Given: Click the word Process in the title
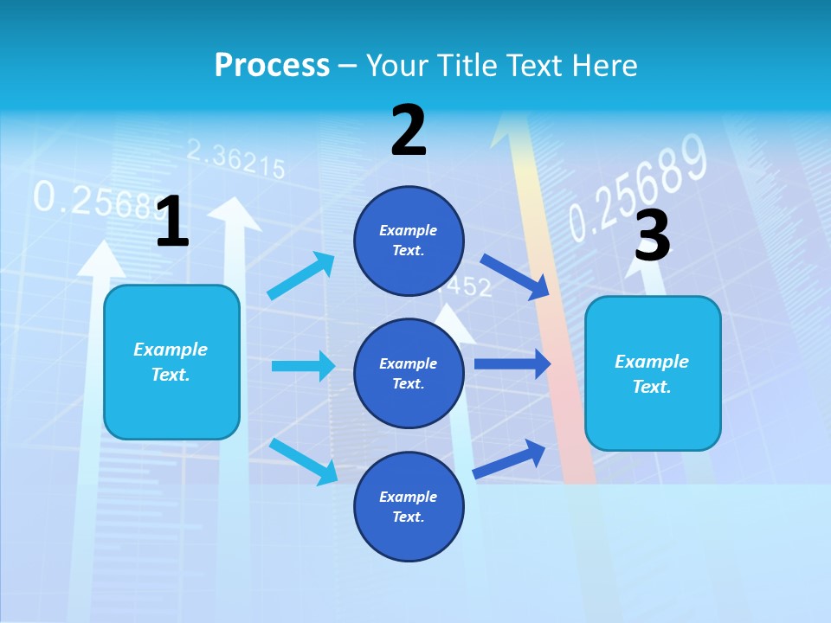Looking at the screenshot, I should (x=272, y=65).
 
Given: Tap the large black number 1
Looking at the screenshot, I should (x=172, y=222).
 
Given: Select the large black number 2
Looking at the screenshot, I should (x=409, y=131).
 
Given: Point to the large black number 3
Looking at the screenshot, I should (x=652, y=235).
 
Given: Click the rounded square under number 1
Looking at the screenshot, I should (x=171, y=362).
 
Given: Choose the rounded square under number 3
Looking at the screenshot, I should (x=653, y=373).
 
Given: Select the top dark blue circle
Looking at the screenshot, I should (x=409, y=241).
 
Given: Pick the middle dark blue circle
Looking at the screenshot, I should (x=409, y=373).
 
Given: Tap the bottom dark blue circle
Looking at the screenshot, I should (x=409, y=506).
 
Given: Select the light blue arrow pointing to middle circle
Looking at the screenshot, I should (x=303, y=366).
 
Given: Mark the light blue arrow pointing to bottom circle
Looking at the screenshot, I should (x=304, y=460).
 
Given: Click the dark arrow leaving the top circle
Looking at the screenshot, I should (x=515, y=275).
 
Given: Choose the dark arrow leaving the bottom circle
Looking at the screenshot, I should (x=509, y=459).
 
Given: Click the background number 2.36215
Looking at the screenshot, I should (x=235, y=161).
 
